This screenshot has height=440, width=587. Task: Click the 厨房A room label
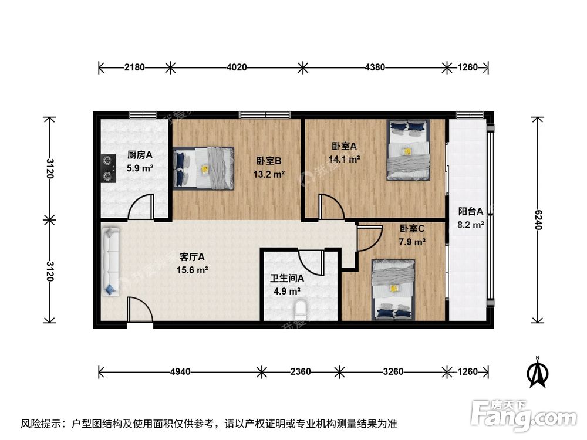coord(140,155)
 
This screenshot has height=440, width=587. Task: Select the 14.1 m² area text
coord(345,158)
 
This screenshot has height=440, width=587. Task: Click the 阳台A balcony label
coord(471,212)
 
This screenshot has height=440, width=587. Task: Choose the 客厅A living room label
coord(192,256)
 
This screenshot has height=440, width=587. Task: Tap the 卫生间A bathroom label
coord(287,279)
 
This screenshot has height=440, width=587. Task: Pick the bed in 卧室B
coord(204,168)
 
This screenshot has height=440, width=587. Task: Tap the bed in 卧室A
coord(408,149)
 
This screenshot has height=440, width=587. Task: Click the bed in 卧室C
coord(393,289)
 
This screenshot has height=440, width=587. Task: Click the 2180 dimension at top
coord(134,67)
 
